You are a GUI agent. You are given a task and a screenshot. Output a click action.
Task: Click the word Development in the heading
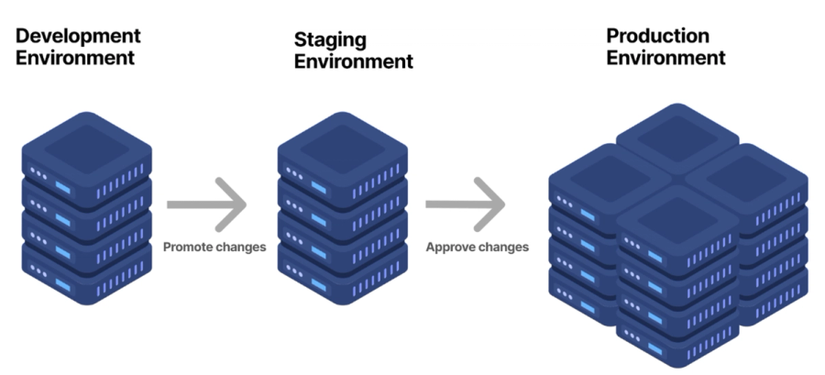coord(78,36)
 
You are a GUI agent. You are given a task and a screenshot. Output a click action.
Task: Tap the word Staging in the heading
coord(330,39)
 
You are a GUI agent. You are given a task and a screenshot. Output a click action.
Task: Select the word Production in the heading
coord(657,36)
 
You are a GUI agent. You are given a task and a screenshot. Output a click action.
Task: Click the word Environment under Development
coord(75,58)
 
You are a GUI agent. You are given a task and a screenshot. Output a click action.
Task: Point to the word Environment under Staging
coord(354,61)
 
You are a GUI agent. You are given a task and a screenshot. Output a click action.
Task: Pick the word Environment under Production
coord(666,58)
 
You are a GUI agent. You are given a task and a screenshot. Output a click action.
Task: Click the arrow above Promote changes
coord(207,204)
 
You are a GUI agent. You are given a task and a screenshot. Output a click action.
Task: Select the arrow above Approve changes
coord(466,204)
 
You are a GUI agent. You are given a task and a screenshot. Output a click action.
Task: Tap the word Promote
coord(185,248)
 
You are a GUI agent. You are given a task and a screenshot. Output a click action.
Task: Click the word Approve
coord(447,248)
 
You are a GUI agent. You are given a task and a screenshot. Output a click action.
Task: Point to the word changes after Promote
coord(237,248)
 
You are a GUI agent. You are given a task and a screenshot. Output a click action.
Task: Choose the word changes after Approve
coord(500,248)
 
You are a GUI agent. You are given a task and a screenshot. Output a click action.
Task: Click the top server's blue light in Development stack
coord(63,187)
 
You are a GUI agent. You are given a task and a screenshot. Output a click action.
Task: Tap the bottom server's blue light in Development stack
coord(63,285)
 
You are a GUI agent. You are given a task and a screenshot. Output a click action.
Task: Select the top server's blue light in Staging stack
coord(319,187)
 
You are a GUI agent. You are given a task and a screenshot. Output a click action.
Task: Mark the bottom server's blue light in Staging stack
coord(319,285)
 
